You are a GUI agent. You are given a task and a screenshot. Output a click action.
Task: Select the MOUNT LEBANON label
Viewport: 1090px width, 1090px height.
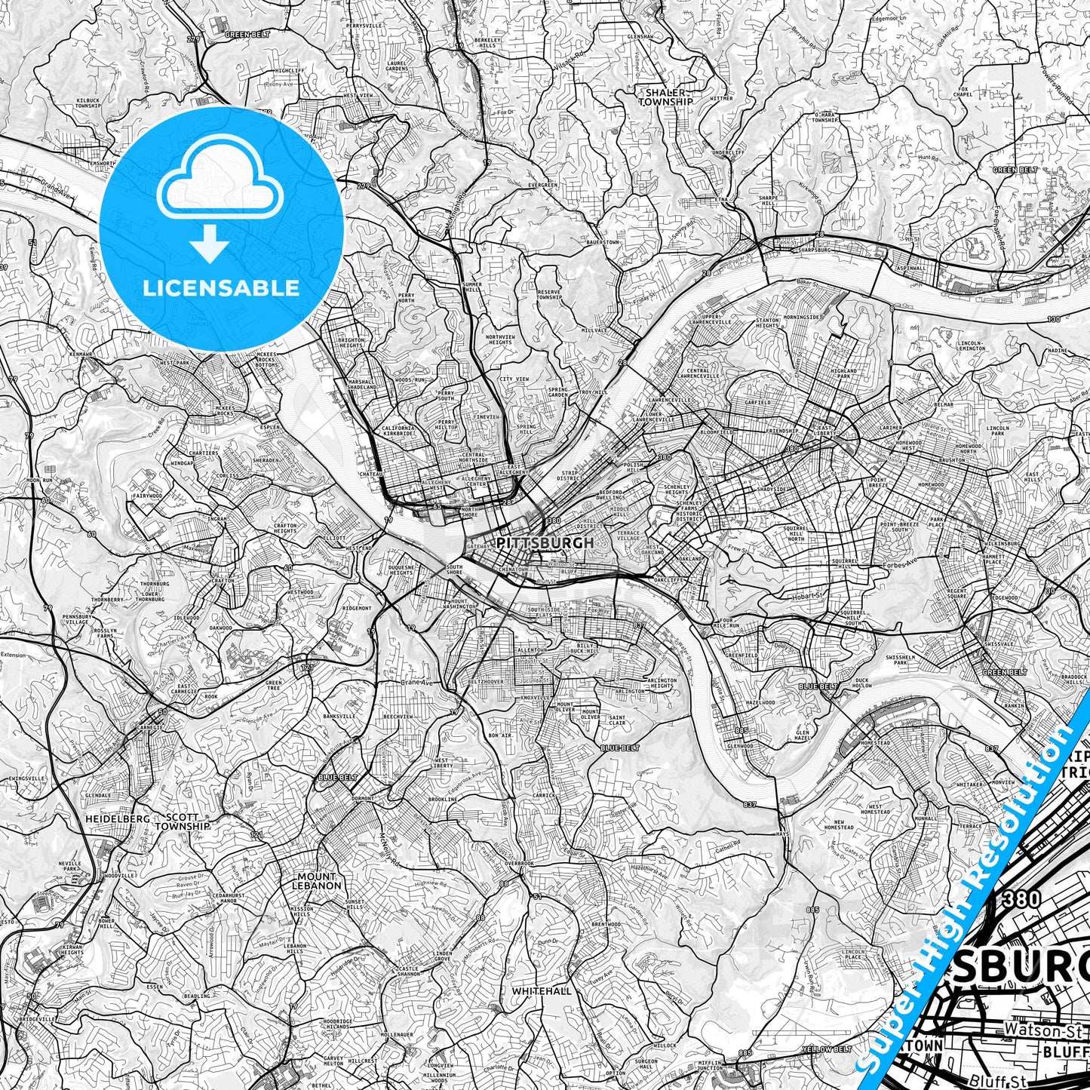coord(316,881)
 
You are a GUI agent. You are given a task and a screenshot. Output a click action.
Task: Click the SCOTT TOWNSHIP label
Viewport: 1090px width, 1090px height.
coord(180,821)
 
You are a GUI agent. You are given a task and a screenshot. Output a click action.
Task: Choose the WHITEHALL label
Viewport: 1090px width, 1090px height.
coord(541,990)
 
